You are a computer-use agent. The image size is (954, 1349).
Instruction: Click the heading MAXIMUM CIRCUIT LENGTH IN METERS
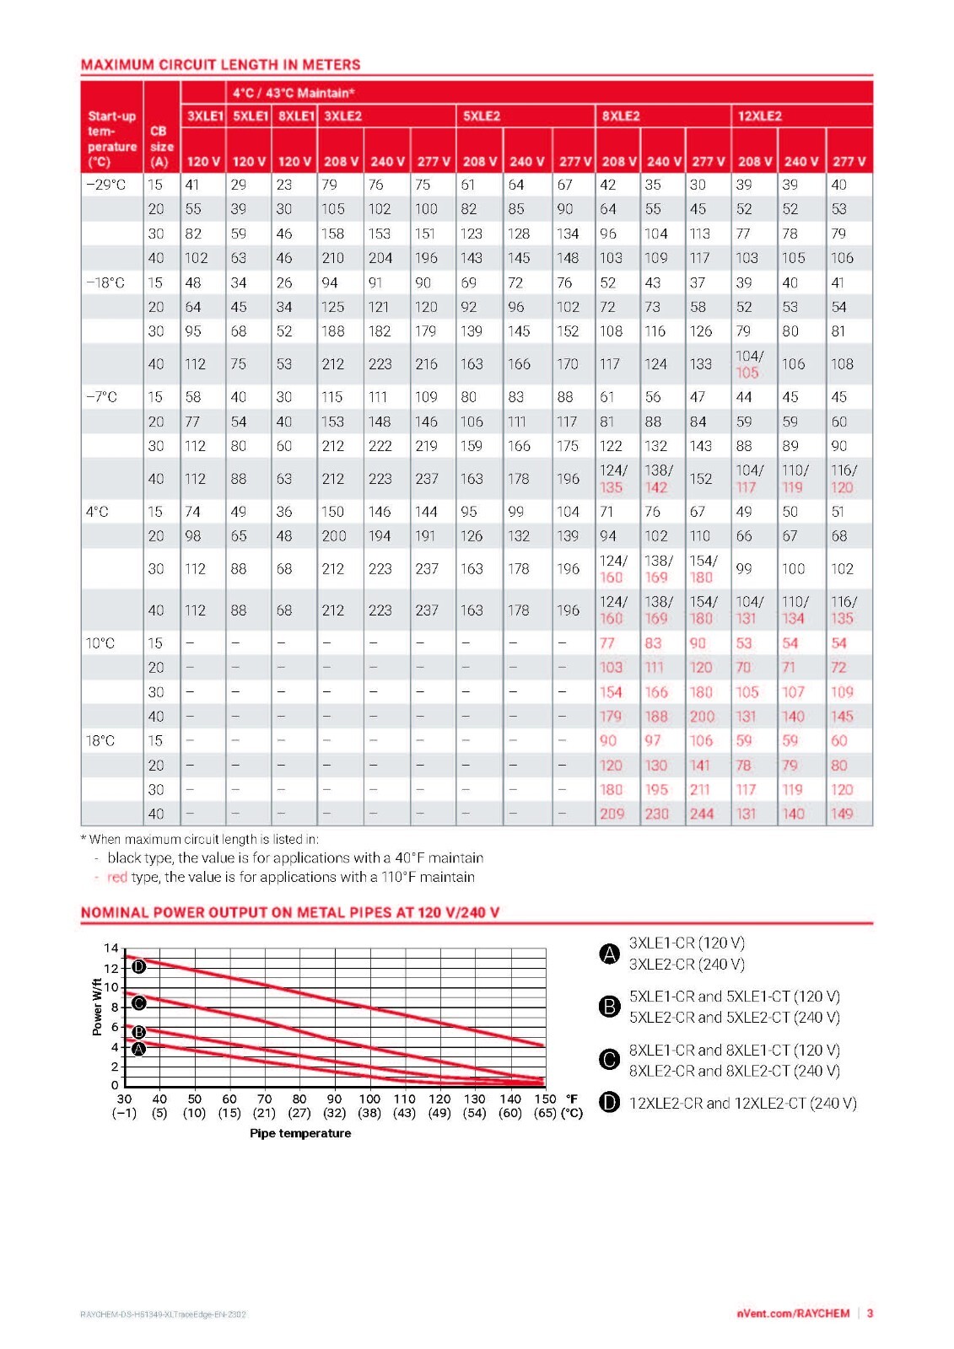(220, 64)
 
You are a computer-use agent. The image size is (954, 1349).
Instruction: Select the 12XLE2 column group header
(760, 116)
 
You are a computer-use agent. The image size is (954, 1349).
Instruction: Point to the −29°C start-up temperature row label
(106, 185)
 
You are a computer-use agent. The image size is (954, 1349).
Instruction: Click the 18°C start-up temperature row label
(100, 741)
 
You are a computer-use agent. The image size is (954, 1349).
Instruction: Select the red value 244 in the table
(702, 814)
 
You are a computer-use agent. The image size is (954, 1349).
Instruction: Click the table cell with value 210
(332, 258)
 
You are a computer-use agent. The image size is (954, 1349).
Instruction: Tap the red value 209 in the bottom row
(612, 814)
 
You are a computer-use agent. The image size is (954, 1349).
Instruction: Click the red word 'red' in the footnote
(117, 877)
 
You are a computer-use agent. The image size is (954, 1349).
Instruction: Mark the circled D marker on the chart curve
(138, 966)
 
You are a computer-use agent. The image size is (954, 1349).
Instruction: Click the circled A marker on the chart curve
(138, 1049)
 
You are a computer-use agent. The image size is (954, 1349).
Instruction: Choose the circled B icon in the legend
(609, 1007)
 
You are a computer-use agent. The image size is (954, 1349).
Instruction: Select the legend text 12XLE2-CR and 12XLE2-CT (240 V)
(742, 1103)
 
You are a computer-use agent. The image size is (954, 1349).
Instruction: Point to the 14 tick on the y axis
(110, 948)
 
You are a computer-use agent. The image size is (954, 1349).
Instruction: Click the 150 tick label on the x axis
(545, 1099)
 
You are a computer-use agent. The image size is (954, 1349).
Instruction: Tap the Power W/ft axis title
(96, 1007)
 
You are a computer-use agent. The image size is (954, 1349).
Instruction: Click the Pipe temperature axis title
(300, 1133)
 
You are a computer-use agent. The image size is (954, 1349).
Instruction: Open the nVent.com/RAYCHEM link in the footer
(793, 1314)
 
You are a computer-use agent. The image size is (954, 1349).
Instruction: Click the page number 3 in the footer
(870, 1314)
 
